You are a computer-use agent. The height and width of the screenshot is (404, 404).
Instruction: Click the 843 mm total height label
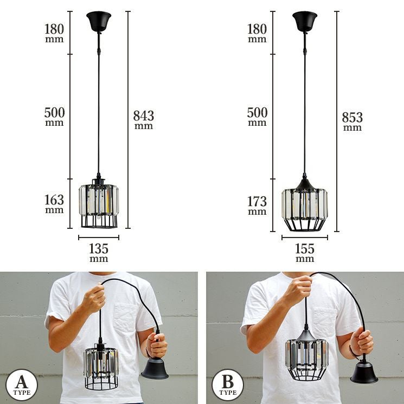(144, 119)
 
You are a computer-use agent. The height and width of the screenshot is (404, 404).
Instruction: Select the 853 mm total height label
(352, 121)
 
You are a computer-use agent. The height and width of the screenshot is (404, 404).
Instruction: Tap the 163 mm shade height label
(54, 203)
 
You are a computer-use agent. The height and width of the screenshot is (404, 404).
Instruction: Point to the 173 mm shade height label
(257, 206)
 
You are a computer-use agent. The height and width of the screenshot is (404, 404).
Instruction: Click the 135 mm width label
(99, 253)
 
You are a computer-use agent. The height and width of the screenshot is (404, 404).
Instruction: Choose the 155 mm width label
(305, 253)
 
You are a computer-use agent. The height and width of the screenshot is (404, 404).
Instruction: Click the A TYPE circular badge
(22, 385)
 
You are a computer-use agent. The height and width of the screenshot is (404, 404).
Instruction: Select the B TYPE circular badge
(228, 385)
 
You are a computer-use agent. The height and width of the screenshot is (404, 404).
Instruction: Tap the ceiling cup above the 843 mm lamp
(99, 21)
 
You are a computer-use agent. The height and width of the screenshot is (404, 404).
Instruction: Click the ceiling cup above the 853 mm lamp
(305, 21)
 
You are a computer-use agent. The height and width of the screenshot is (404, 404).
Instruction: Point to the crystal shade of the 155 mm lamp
(305, 206)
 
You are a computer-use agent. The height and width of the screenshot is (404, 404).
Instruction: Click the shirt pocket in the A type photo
(125, 317)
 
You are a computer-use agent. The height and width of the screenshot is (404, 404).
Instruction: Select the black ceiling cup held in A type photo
(155, 368)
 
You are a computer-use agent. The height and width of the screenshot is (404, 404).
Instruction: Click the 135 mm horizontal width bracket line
(99, 238)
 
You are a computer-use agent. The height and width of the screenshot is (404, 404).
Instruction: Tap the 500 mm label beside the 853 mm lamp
(257, 116)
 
